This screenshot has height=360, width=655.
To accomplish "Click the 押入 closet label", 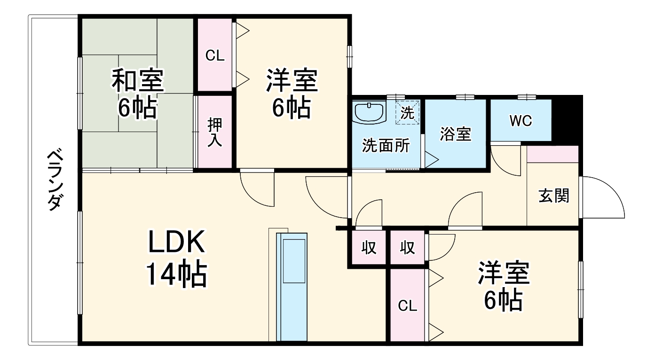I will point(215,132).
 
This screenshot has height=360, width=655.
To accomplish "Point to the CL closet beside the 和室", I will point(215,55).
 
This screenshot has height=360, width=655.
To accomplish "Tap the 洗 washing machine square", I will point(407,113).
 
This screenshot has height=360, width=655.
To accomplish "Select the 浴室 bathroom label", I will point(455,134).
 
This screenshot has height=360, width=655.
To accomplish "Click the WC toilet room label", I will point(521,121).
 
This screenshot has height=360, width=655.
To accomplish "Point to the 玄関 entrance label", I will point(553,196).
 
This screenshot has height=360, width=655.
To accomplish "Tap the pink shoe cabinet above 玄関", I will point(552,154).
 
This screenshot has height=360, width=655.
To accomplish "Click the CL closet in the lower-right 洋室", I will point(407,305).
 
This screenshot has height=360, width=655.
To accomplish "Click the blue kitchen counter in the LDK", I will point(291,287).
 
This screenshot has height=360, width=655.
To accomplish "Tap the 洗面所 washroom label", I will point(385,146).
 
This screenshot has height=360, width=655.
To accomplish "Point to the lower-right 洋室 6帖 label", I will point(504,287).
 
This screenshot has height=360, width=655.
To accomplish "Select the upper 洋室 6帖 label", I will point(292,94).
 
